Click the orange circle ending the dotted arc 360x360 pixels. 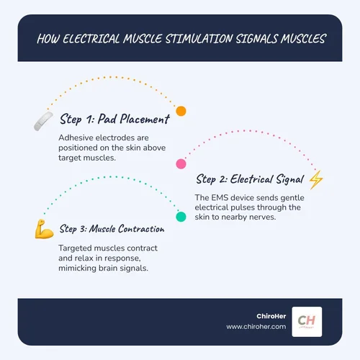tap(181, 111)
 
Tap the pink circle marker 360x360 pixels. tap(181, 164)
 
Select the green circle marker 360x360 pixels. tap(181, 217)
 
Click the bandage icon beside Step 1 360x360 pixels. tap(43, 121)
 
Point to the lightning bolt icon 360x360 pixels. tap(316, 180)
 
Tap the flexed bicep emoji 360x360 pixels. tap(44, 229)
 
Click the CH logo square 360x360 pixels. tap(307, 322)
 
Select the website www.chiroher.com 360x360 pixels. tap(256, 327)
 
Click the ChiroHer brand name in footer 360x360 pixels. tap(271, 316)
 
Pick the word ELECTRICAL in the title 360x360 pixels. tap(91, 39)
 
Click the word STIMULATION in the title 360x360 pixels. tap(199, 39)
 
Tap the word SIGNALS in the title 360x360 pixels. tap(256, 39)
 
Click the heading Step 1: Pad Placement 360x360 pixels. tap(114, 119)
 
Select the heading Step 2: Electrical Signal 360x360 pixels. tap(250, 179)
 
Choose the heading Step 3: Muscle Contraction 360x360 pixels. tap(112, 229)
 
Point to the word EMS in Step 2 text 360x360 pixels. tap(220, 198)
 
